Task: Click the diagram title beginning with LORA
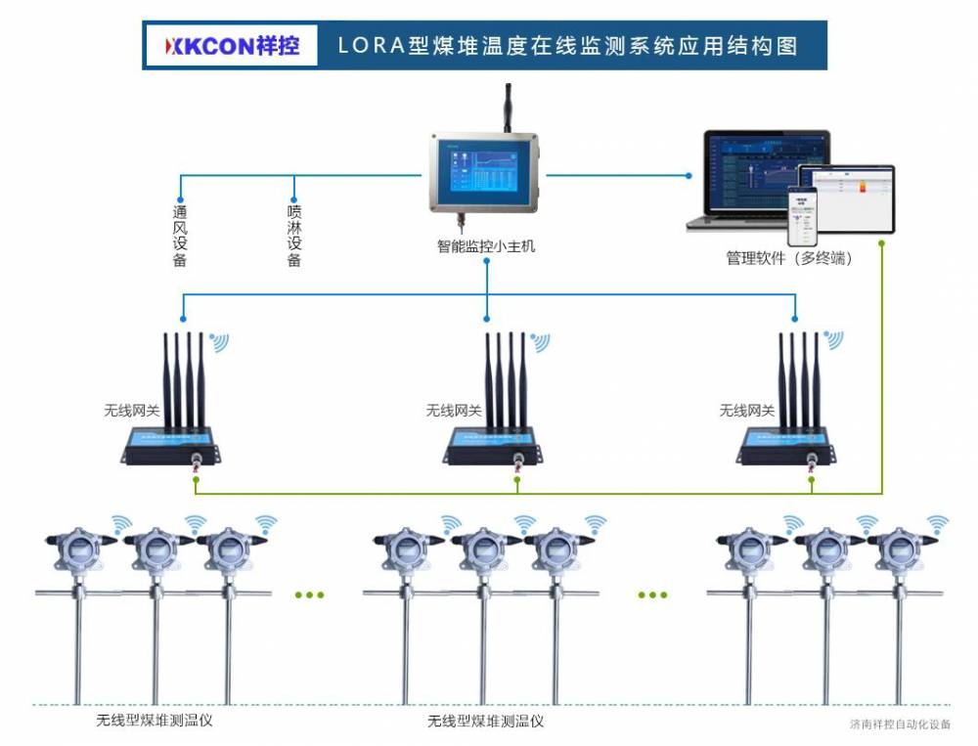[x=567, y=46]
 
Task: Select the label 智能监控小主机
[x=486, y=246]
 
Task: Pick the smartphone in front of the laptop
[x=803, y=217]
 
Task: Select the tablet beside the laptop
[x=846, y=196]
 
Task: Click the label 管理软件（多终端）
[x=788, y=259]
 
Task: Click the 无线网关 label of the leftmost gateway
[x=132, y=411]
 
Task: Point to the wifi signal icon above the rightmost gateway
[x=832, y=339]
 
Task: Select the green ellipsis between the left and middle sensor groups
[x=309, y=594]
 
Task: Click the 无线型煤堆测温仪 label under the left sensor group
[x=155, y=722]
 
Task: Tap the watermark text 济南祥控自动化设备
[x=900, y=725]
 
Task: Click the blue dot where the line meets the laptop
[x=689, y=176]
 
